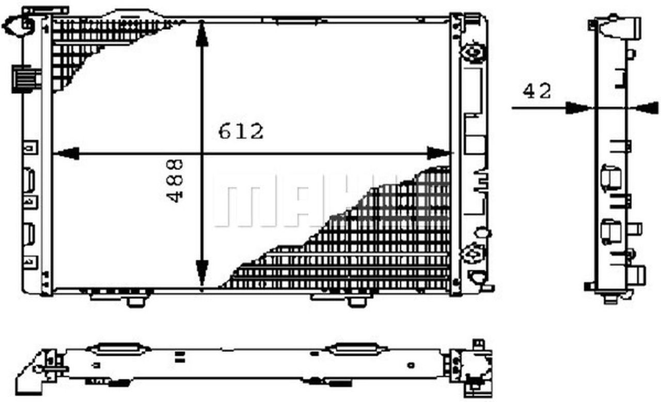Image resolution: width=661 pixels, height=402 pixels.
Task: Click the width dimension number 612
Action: tap(241, 131)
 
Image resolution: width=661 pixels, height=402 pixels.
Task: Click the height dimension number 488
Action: tap(176, 180)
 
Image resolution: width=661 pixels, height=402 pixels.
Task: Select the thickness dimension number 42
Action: tap(537, 91)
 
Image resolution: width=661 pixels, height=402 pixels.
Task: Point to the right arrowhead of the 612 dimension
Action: tap(438, 153)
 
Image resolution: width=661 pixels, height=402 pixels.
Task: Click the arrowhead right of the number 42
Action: tap(577, 108)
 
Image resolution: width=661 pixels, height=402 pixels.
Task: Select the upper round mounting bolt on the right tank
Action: tap(473, 52)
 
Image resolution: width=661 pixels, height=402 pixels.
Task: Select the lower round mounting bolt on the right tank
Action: tap(473, 254)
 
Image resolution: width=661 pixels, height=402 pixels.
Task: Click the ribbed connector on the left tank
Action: tap(26, 79)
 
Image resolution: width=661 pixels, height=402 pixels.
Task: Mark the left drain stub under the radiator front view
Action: tap(135, 300)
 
